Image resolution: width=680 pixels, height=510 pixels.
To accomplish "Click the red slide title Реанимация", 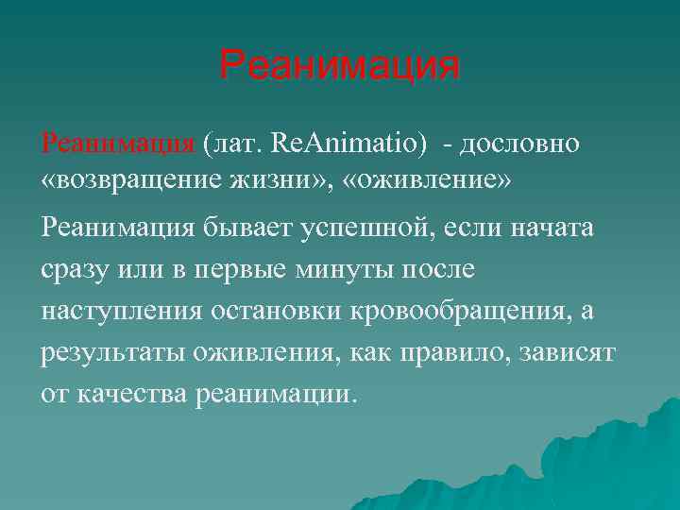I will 339,66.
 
